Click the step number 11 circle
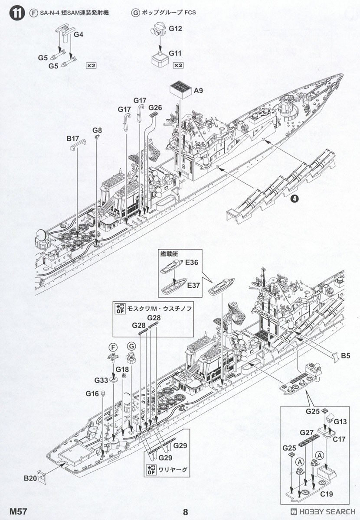(16, 13)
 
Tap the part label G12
(175, 29)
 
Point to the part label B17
(73, 139)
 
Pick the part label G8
(97, 130)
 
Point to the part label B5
(345, 356)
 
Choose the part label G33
(101, 380)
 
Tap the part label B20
(30, 478)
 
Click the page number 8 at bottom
(185, 512)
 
